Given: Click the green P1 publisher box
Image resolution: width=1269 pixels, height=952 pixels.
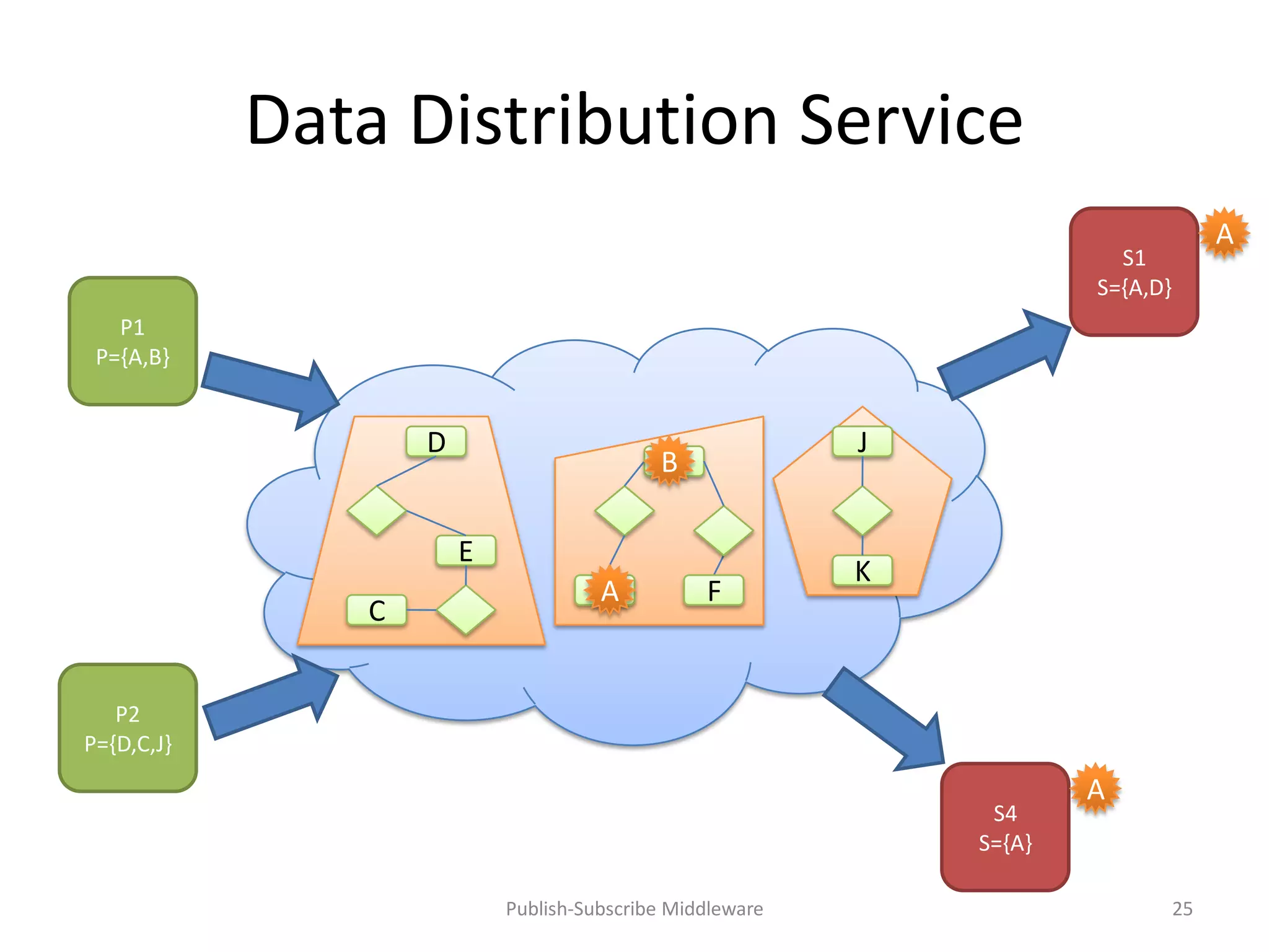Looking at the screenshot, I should pyautogui.click(x=133, y=342).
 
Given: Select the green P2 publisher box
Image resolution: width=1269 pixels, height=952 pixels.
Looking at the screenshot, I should pyautogui.click(x=128, y=728).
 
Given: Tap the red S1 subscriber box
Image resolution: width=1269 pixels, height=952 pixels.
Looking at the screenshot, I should pyautogui.click(x=1134, y=272).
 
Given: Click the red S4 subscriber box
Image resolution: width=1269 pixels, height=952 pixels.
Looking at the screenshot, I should pyautogui.click(x=1005, y=827).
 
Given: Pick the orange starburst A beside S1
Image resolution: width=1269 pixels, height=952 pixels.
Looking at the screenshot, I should pyautogui.click(x=1224, y=234).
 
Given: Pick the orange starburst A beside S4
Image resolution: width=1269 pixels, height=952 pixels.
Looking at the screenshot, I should pyautogui.click(x=1096, y=790).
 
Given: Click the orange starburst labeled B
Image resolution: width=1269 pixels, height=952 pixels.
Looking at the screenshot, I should pyautogui.click(x=669, y=462).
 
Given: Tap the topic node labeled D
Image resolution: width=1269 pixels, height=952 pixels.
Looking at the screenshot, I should pyautogui.click(x=436, y=442).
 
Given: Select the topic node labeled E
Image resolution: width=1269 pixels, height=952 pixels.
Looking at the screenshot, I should pyautogui.click(x=466, y=551).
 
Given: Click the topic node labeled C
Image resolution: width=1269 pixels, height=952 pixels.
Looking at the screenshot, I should pyautogui.click(x=377, y=610).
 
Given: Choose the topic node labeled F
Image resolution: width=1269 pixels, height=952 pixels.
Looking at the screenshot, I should pyautogui.click(x=714, y=591).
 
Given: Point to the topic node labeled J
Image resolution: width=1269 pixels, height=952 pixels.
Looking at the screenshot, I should pyautogui.click(x=862, y=442).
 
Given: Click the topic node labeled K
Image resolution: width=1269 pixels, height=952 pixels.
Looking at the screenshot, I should pyautogui.click(x=862, y=571).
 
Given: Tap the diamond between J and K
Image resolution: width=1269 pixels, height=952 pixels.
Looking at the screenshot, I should pyautogui.click(x=862, y=511).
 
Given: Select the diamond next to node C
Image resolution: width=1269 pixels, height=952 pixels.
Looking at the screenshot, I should pyautogui.click(x=466, y=610).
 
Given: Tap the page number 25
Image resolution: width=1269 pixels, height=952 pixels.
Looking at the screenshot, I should pyautogui.click(x=1182, y=909).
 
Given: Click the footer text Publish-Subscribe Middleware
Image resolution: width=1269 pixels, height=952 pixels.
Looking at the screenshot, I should pyautogui.click(x=634, y=909).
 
